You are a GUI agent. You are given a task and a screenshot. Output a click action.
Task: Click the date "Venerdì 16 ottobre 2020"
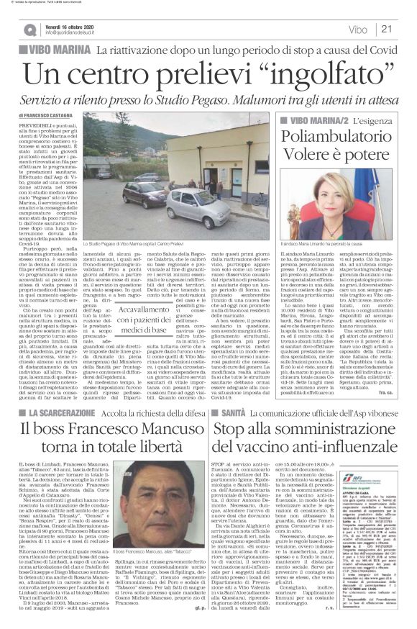click(71, 24)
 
